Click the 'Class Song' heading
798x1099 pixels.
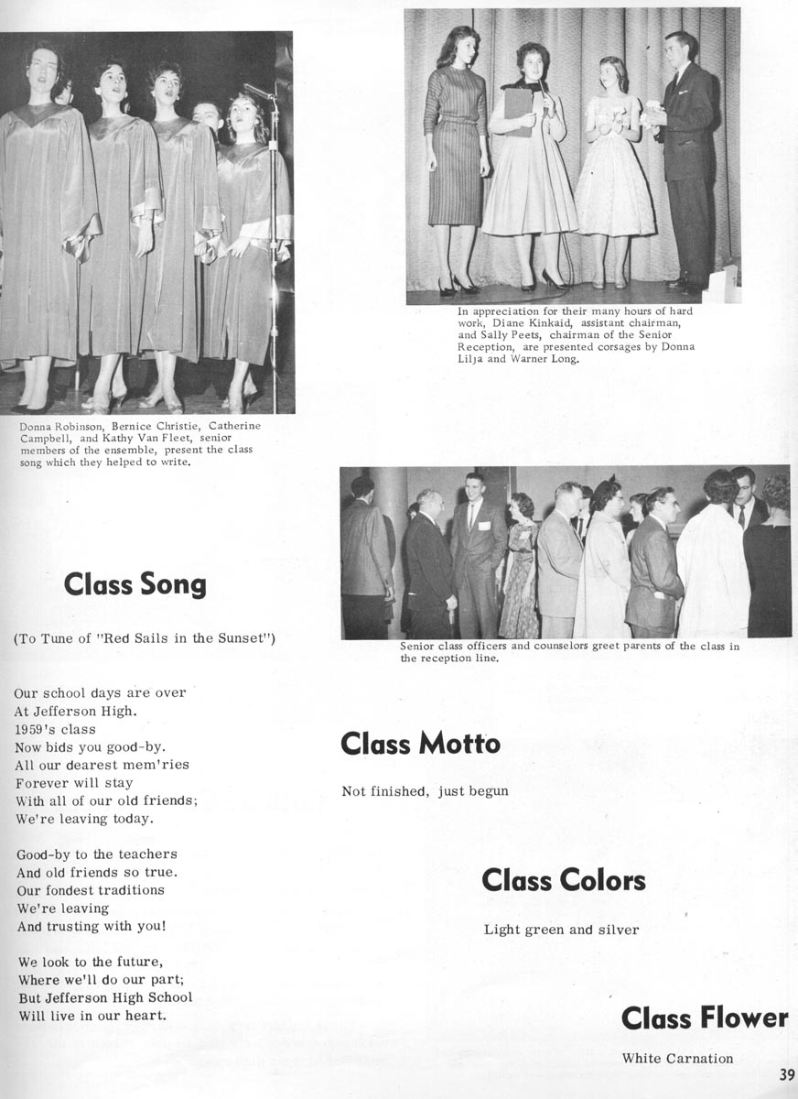[135, 585]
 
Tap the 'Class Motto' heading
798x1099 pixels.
[420, 744]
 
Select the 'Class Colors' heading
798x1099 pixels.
[564, 881]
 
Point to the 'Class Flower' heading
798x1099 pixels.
[704, 1017]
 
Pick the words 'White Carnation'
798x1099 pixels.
[677, 1059]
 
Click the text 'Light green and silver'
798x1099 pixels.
[561, 930]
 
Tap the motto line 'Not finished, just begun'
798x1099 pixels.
[425, 790]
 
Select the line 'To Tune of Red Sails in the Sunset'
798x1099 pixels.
[145, 637]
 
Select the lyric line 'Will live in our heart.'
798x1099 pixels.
[92, 1016]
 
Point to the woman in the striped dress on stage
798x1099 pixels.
[456, 156]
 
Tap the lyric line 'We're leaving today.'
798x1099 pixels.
[85, 819]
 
